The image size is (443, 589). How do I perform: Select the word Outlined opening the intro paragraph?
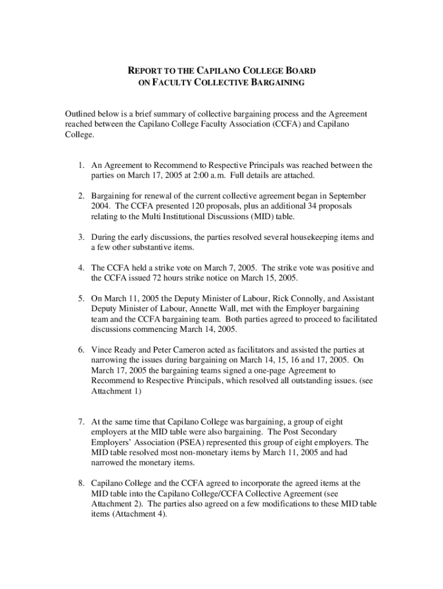[81, 114]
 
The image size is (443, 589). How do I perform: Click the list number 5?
[82, 299]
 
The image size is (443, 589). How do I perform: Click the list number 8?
[82, 484]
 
